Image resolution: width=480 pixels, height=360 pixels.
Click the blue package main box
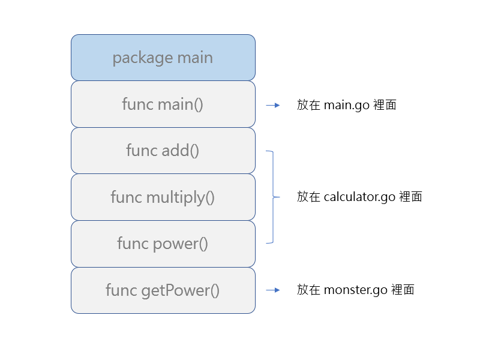click(163, 58)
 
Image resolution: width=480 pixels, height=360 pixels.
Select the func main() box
click(163, 104)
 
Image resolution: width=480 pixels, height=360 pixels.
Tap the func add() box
click(163, 151)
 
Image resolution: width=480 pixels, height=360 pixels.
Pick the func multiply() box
click(163, 197)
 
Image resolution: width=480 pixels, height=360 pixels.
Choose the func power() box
click(163, 244)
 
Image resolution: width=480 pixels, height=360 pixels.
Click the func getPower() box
click(163, 290)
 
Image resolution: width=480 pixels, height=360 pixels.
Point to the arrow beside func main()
click(273, 106)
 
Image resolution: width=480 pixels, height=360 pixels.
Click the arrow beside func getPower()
click(273, 290)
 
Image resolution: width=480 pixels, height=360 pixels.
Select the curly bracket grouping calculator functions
click(273, 197)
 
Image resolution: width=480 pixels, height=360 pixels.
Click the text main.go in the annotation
click(347, 106)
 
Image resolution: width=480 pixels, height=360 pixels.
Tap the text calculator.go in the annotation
click(359, 197)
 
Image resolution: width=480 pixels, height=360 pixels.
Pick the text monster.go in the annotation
click(356, 290)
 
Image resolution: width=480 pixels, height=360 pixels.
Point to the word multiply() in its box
click(181, 197)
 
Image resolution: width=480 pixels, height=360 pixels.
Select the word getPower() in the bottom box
click(181, 290)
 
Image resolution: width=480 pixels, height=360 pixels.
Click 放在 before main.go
click(308, 105)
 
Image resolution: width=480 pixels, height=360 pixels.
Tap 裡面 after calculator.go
click(411, 197)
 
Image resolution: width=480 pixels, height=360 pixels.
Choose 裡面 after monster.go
click(403, 290)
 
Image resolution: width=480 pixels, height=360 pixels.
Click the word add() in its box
click(181, 151)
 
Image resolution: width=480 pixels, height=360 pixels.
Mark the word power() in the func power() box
click(181, 244)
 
